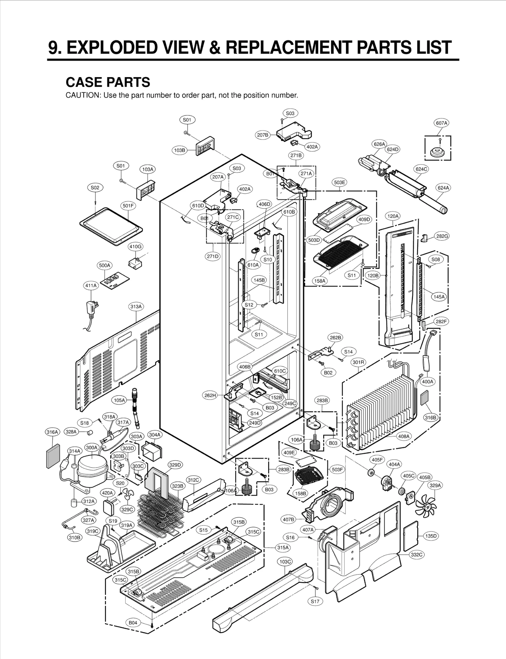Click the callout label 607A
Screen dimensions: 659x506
point(441,123)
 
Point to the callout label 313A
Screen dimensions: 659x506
point(136,306)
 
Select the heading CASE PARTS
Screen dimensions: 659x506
point(108,82)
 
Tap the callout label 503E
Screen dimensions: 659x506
point(340,182)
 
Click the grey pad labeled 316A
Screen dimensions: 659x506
point(53,456)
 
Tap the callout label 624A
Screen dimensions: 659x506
point(443,188)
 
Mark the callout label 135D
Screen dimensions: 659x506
point(431,536)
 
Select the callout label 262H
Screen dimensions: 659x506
point(210,395)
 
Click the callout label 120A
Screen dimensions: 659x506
point(393,216)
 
